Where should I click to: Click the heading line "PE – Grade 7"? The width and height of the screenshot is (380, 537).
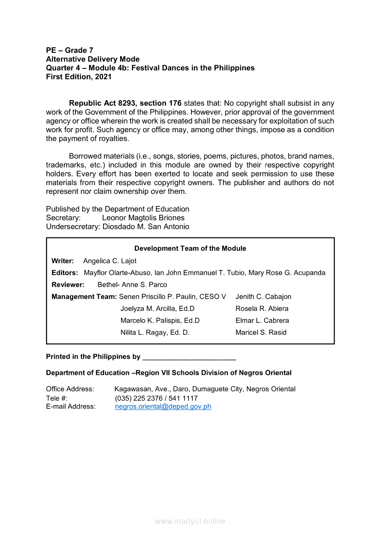pos(69,50)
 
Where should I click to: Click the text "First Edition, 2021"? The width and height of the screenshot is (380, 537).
pos(79,77)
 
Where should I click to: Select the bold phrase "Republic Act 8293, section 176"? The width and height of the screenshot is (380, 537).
pos(125,103)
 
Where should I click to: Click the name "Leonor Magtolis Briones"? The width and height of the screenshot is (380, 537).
pos(143,218)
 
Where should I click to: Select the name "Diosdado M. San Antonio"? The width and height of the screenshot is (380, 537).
pos(145,226)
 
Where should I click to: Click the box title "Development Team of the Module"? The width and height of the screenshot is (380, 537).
pos(190,249)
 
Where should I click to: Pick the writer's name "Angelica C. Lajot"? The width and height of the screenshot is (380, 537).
pos(110,261)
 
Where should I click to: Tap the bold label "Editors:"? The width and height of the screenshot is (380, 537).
pos(64,273)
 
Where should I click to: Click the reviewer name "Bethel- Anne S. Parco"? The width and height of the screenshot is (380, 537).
pos(132,285)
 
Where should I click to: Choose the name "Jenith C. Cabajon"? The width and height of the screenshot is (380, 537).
pos(263,297)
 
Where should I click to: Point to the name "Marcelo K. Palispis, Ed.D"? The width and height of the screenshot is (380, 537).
pos(160,321)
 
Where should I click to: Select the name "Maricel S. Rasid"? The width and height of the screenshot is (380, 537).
pos(261,333)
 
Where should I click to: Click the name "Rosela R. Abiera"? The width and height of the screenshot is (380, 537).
pos(262,309)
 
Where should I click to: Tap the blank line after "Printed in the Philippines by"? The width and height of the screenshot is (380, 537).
pos(189,357)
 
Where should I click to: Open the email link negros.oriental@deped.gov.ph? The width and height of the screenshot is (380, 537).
pos(163,407)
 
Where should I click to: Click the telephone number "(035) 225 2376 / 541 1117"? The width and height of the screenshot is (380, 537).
pos(156,398)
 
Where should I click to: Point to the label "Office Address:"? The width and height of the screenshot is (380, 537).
pos(70,389)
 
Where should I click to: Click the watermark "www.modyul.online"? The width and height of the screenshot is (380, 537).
pos(190,521)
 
